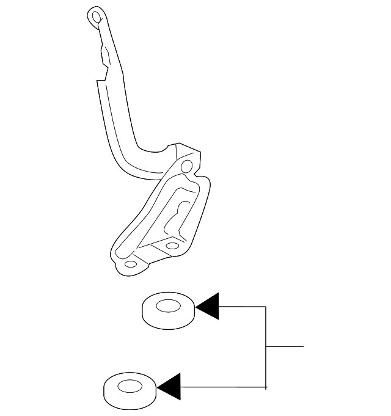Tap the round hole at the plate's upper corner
186,164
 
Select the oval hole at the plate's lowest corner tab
130,266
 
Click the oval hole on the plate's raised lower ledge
173,246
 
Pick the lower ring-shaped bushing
130,390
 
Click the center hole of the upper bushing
169,305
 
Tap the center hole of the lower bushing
130,386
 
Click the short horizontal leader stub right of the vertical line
285,346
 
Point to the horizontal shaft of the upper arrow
242,306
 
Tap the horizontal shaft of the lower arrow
223,387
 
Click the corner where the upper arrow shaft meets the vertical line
266,306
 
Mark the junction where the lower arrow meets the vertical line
266,387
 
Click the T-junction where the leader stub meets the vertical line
266,346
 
